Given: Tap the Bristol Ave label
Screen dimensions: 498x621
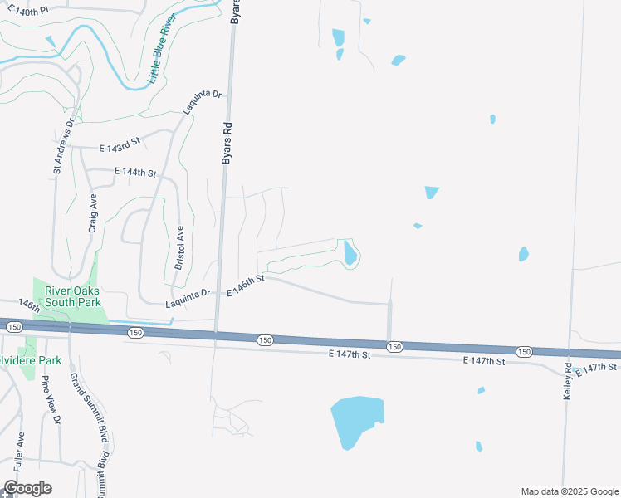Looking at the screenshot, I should pos(179,247).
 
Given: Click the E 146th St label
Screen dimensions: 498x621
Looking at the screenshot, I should pos(245,285).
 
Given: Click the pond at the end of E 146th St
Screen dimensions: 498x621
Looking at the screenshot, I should pos(350,252).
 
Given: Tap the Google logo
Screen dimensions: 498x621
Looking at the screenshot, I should pos(27,488).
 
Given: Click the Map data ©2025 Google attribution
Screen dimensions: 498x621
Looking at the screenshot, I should pos(569,491).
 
